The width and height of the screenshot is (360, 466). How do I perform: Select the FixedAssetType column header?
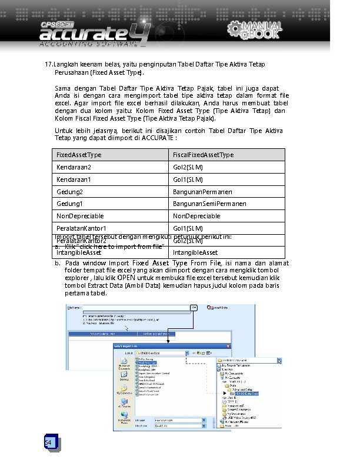pyautogui.click(x=79, y=155)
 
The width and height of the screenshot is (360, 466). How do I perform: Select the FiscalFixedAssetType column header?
pyautogui.click(x=203, y=155)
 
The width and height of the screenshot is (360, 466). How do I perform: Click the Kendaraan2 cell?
pyautogui.click(x=74, y=167)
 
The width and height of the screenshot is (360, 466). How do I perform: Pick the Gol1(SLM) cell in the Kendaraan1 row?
pyautogui.click(x=188, y=179)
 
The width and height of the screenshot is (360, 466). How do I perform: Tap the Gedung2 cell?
pyautogui.click(x=69, y=192)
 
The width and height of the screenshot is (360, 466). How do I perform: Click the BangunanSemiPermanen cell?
pyautogui.click(x=209, y=204)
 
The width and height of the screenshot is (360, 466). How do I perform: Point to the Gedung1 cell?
pyautogui.click(x=69, y=204)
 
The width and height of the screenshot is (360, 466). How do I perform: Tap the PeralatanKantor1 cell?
pyautogui.click(x=81, y=228)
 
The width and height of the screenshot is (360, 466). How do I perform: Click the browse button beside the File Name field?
pyautogui.click(x=194, y=307)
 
